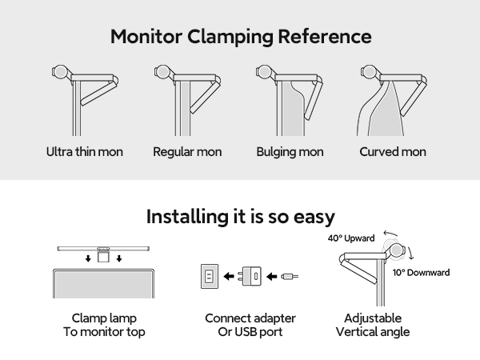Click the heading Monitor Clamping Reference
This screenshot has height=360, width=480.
click(241, 37)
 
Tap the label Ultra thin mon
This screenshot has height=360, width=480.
click(85, 152)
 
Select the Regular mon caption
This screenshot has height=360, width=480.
click(187, 152)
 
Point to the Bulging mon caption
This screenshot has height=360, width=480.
click(290, 152)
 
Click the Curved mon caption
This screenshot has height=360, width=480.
click(393, 152)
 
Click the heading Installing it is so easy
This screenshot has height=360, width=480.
click(241, 217)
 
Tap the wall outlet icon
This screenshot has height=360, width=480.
click(210, 276)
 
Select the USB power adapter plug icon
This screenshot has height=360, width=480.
click(250, 276)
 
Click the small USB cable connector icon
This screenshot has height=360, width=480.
click(290, 277)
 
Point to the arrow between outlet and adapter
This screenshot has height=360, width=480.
click(229, 277)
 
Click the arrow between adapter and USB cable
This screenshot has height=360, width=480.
click(271, 277)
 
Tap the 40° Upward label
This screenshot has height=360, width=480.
click(351, 238)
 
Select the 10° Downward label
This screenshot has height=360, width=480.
click(422, 273)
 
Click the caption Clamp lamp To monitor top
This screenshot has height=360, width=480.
click(104, 325)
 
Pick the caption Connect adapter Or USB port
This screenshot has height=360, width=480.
click(250, 325)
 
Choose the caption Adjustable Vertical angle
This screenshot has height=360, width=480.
click(373, 325)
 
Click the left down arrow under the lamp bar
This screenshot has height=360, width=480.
click(88, 258)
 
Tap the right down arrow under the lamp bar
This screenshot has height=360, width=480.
click(119, 258)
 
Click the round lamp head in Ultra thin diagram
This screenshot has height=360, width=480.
click(59, 72)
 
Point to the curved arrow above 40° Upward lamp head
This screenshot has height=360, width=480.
click(390, 234)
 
